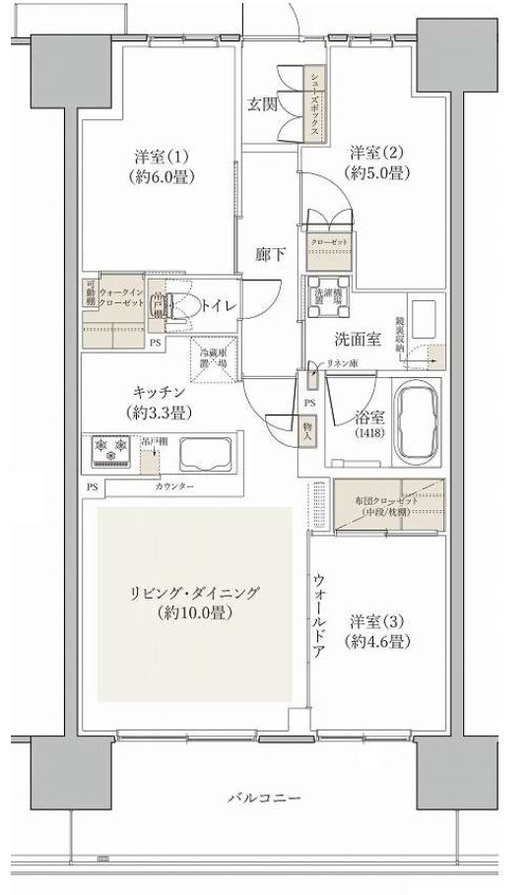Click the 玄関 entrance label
tap(261, 103)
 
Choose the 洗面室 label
tap(357, 340)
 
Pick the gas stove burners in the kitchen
tap(109, 450)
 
